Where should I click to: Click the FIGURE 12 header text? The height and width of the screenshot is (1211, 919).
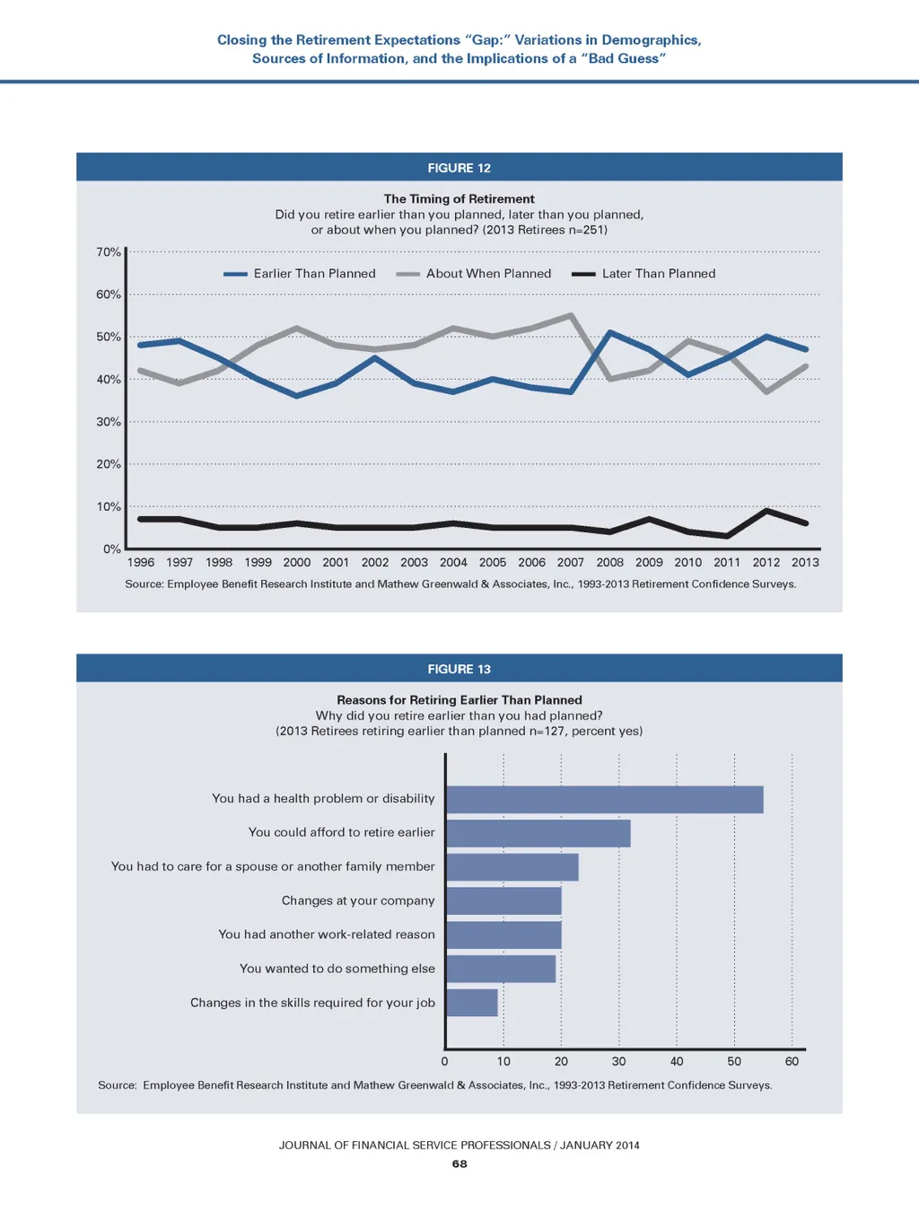point(459,168)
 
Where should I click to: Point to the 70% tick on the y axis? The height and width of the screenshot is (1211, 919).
point(109,252)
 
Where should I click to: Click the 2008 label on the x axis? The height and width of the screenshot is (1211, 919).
point(610,563)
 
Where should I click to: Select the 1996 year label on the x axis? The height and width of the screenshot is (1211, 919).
point(141,563)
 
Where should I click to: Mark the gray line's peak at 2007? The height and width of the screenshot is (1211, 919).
point(571,316)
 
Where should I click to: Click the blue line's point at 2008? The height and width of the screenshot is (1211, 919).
point(610,333)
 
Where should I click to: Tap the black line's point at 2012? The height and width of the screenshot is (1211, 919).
point(766,511)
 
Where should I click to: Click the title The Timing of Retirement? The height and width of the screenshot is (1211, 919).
point(459,199)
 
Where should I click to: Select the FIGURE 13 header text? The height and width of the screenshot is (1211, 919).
point(459,669)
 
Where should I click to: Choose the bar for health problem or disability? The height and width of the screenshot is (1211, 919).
point(604,800)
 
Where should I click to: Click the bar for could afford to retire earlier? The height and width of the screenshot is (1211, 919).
point(538,833)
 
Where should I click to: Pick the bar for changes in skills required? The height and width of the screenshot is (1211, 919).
point(472,1003)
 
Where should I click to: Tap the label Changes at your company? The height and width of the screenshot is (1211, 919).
point(358,900)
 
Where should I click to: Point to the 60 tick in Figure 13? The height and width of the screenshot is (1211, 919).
point(792,1061)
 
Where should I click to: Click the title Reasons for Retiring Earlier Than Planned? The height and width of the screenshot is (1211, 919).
point(459,700)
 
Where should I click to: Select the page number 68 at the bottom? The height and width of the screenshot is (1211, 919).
point(459,1163)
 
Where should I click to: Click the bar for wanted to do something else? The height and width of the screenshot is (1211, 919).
point(501,969)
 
